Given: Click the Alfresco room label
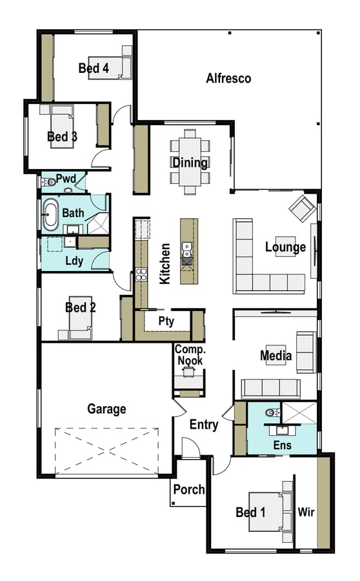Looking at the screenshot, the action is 228,78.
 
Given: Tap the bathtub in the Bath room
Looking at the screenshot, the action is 50,214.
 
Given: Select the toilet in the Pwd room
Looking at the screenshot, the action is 48,182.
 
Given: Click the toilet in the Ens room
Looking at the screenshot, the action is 273,413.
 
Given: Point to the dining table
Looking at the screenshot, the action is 190,162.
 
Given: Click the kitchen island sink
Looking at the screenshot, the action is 186,249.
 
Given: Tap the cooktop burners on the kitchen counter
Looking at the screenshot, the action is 141,274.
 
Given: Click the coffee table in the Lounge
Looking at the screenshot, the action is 286,247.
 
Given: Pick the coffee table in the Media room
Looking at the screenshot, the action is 276,356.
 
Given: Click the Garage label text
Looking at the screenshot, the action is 106,409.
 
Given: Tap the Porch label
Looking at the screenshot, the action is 189,489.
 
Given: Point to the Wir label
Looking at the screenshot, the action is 306,512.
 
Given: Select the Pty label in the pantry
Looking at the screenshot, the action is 166,321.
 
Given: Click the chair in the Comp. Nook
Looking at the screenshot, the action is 188,371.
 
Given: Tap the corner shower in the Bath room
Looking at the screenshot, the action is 98,223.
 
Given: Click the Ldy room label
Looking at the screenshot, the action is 74,261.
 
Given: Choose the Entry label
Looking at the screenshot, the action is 204,425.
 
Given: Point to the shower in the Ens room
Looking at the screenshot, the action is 299,413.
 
